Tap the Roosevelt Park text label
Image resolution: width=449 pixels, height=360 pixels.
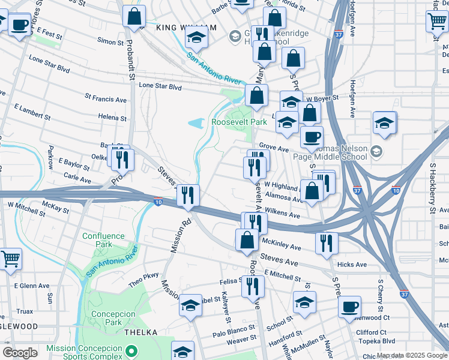click(x=239, y=122)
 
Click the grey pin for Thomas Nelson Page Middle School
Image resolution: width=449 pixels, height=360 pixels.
click(x=376, y=150)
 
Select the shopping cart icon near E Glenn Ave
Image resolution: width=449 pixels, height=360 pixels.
click(x=11, y=260)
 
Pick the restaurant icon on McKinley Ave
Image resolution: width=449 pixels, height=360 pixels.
click(x=327, y=243)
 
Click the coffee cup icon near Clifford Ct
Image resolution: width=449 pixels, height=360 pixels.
click(x=349, y=307)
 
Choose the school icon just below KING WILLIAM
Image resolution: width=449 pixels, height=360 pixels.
click(x=196, y=38)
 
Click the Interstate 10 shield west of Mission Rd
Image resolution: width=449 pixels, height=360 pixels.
click(x=158, y=202)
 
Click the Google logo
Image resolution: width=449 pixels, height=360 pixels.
click(x=20, y=353)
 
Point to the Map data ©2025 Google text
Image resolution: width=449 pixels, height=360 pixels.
click(x=411, y=356)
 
